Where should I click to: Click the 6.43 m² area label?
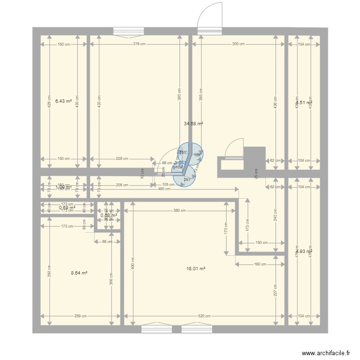(63, 101)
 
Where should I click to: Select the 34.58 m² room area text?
(193, 123)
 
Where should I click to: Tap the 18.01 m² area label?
(196, 269)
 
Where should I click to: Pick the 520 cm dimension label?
(204, 316)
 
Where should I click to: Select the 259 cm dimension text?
(81, 316)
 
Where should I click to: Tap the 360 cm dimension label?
(180, 211)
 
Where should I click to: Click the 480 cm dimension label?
(164, 189)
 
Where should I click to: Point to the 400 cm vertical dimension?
(133, 263)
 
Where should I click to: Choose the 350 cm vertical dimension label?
(49, 271)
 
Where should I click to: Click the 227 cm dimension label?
(276, 290)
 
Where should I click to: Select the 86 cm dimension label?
(107, 241)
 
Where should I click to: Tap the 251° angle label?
(187, 180)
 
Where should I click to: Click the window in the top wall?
(128, 31)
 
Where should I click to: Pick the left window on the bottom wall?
(156, 329)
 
